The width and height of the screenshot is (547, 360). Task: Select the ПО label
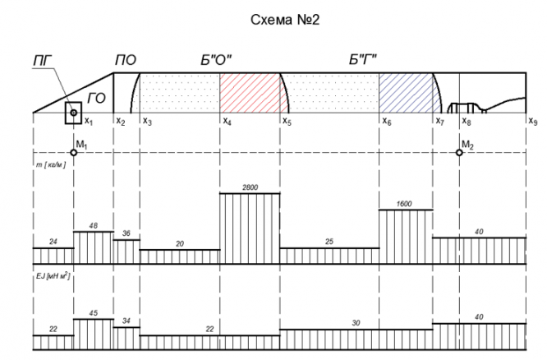point(126,60)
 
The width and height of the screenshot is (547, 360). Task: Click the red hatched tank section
point(249,93)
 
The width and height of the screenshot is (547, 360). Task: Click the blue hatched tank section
point(407,93)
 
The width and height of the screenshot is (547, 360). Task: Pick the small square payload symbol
point(73,113)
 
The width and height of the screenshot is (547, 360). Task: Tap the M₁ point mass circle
point(74,153)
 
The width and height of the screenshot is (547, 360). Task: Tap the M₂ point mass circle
point(460,153)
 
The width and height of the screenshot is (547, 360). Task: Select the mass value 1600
point(405,205)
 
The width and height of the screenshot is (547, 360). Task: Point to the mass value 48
point(93,226)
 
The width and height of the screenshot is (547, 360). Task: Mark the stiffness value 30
point(356,324)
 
